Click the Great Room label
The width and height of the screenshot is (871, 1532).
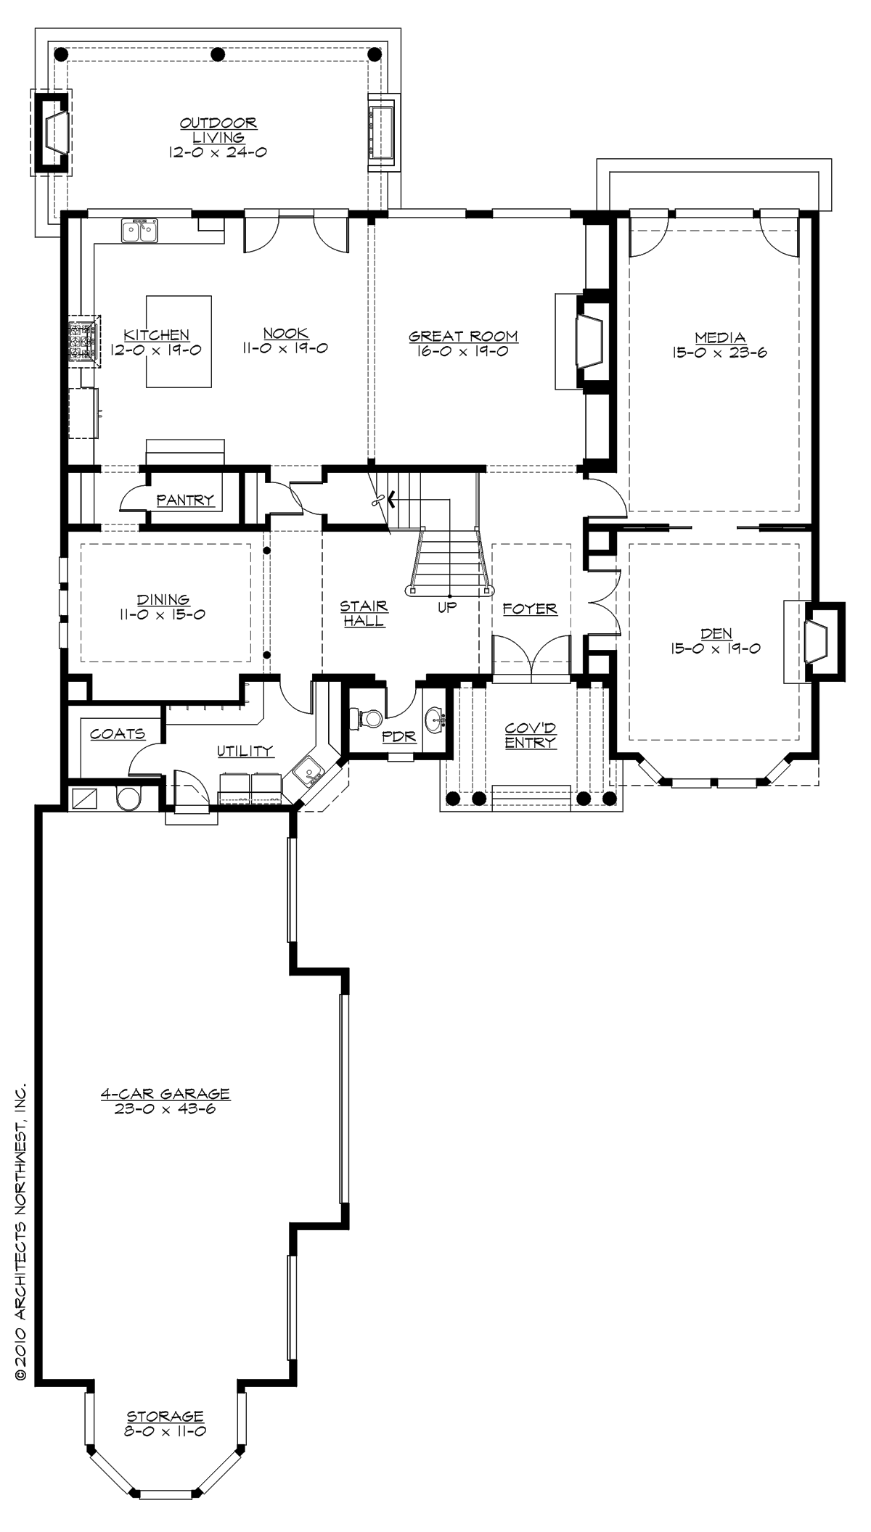tap(463, 336)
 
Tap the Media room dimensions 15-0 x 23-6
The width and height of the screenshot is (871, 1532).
tap(720, 353)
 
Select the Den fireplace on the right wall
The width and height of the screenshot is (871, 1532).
tap(817, 641)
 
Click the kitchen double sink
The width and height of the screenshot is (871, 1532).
tap(140, 231)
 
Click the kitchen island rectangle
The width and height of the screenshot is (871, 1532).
tap(179, 341)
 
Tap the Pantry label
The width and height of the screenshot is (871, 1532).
tap(185, 500)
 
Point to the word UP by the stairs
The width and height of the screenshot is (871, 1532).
tap(447, 608)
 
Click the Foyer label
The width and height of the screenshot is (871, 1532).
tap(530, 609)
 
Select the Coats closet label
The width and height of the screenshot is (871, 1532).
tap(118, 734)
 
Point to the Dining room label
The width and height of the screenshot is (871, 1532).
tap(163, 600)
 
